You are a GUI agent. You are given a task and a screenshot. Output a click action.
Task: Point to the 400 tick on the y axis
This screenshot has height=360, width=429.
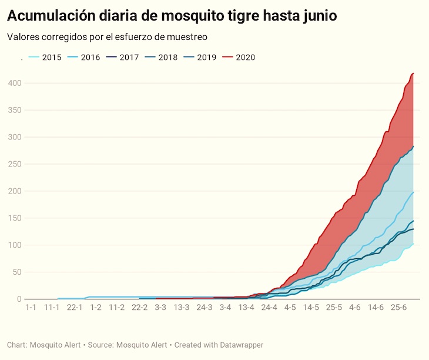point(15,84)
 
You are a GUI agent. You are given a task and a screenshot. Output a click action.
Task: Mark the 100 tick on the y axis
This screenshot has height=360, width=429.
point(15,245)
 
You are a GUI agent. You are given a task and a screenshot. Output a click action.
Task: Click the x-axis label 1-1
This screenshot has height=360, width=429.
point(31,308)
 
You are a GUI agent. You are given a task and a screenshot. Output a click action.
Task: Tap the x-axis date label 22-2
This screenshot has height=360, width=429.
point(139,308)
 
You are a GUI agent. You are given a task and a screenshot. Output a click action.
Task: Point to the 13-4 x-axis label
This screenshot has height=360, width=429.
point(247,308)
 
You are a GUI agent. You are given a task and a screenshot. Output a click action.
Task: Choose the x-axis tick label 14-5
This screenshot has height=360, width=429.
point(312,308)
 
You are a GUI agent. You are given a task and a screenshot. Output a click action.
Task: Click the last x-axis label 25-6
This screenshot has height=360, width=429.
point(398,308)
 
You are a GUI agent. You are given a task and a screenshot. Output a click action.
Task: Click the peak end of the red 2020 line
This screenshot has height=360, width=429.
point(414,74)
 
